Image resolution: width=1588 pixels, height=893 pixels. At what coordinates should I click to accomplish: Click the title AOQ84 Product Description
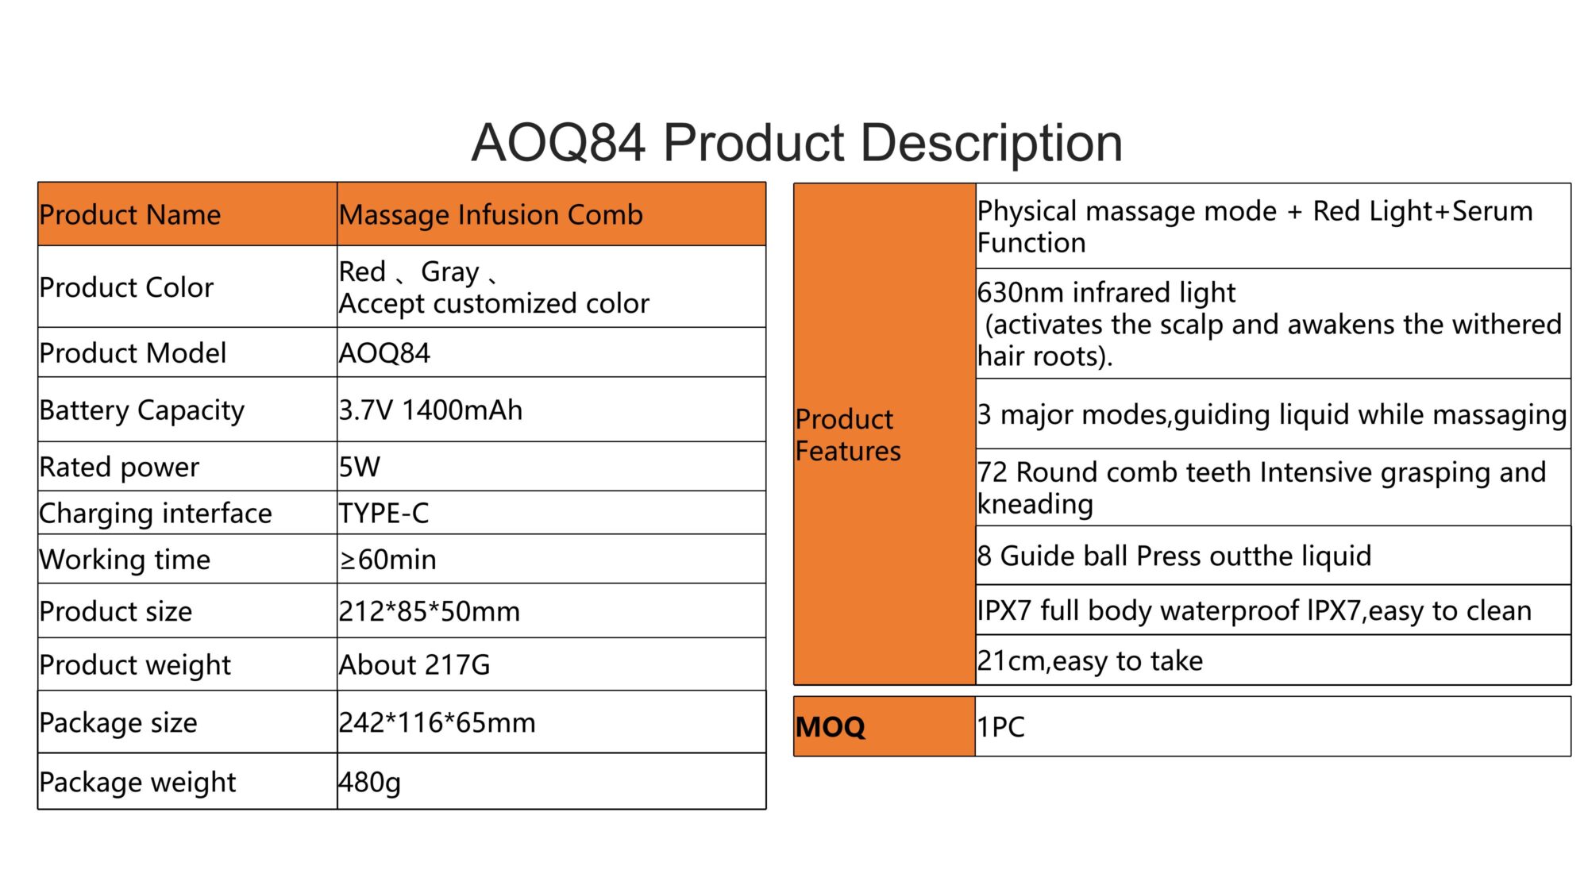pos(796,143)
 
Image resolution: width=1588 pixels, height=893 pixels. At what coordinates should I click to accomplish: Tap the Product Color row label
pos(126,287)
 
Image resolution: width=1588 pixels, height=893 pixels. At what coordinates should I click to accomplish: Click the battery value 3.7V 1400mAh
pos(430,410)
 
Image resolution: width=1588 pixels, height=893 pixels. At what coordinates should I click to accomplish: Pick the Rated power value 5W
pos(360,467)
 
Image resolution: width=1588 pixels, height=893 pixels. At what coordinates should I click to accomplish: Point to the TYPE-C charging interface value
pos(384,514)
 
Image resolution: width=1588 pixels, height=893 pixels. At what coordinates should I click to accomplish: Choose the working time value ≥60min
pos(387,560)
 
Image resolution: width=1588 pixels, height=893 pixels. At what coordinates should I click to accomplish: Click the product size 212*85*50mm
pos(430,611)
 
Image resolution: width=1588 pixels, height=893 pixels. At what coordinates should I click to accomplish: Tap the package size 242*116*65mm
pos(437,722)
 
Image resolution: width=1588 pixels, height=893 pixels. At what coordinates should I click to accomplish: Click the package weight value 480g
pos(369,783)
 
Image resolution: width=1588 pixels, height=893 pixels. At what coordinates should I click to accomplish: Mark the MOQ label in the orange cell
pos(830,727)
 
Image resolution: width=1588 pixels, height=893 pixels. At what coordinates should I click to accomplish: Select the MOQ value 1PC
pos(1000,727)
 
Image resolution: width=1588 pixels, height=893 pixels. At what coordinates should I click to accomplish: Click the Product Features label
pos(848,435)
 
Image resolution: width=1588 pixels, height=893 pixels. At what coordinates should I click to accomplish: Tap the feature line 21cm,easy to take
pos(1089,661)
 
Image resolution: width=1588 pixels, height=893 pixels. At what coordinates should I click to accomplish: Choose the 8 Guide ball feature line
pos(1174,556)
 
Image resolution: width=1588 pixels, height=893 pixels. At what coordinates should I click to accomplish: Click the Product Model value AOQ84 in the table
pos(384,353)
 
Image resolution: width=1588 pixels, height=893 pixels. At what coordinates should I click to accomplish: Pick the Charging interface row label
pos(156,514)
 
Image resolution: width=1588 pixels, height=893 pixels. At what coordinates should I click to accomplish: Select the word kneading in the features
pos(1035,505)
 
